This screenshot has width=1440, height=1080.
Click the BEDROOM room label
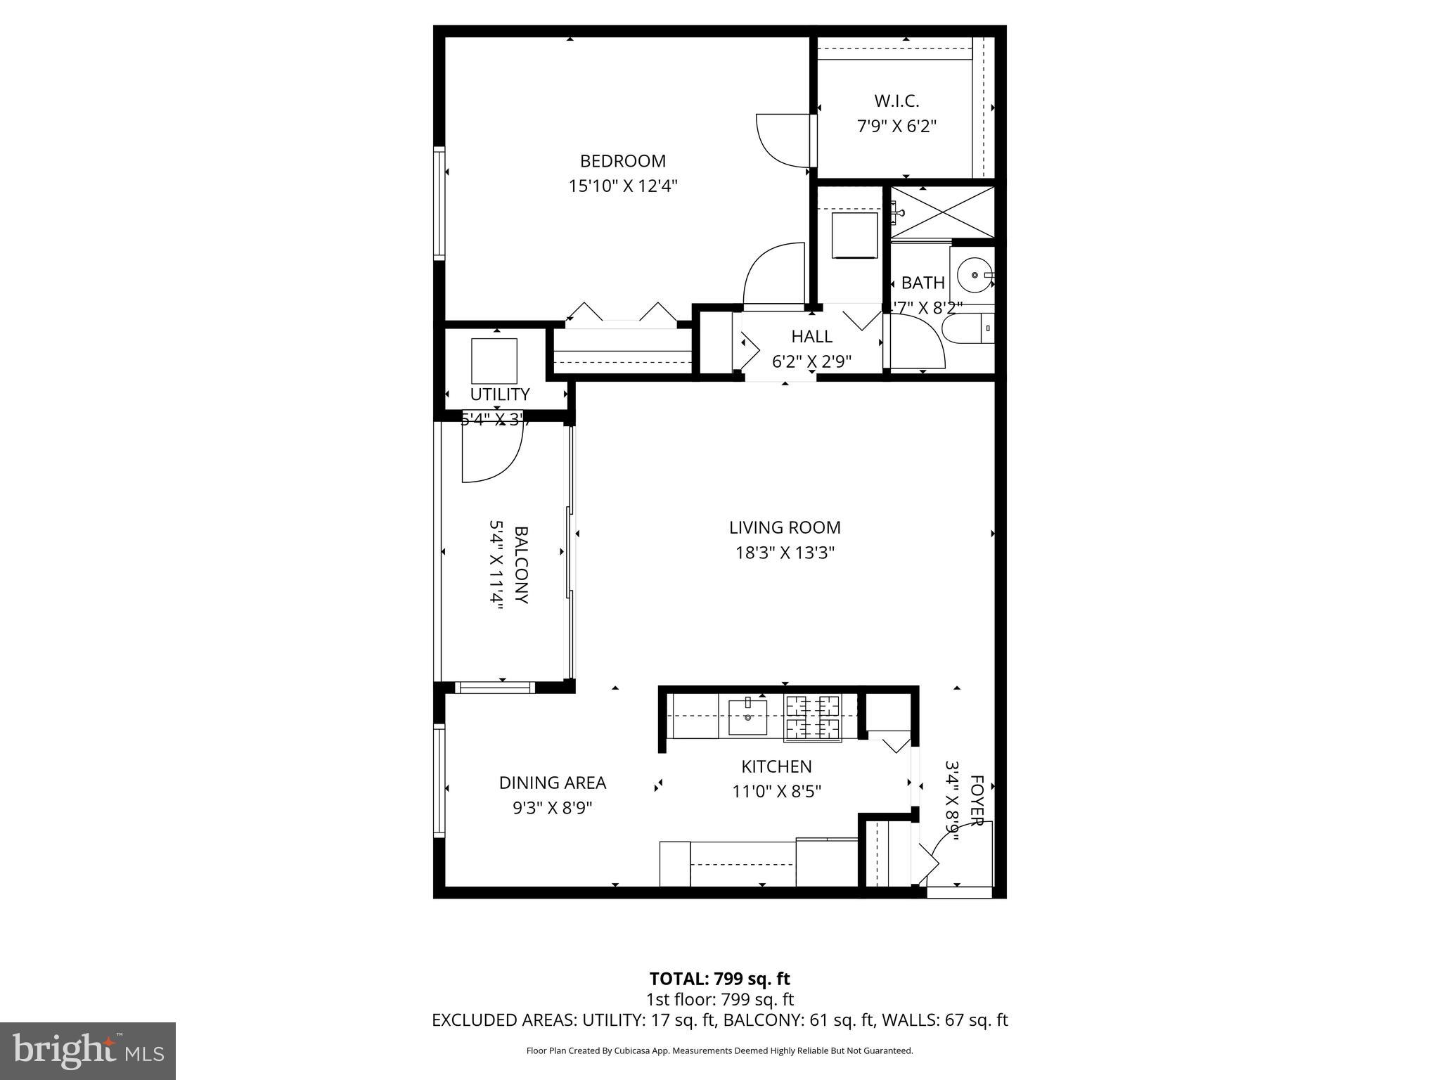pyautogui.click(x=622, y=161)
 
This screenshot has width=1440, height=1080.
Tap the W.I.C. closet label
pyautogui.click(x=896, y=101)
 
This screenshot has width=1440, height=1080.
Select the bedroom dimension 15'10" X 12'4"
pyautogui.click(x=622, y=186)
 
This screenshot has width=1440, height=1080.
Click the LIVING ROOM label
pyautogui.click(x=784, y=527)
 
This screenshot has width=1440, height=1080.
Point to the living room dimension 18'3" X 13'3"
pyautogui.click(x=784, y=553)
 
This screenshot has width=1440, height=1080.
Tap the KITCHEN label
pyautogui.click(x=776, y=766)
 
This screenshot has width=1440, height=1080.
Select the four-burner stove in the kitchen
pyautogui.click(x=813, y=717)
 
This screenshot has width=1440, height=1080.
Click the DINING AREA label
pyautogui.click(x=552, y=783)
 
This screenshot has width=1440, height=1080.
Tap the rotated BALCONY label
pyautogui.click(x=521, y=565)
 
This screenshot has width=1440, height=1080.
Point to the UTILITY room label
pyautogui.click(x=499, y=394)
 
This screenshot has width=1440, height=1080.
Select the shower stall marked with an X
pyautogui.click(x=943, y=212)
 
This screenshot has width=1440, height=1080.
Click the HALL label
pyautogui.click(x=811, y=336)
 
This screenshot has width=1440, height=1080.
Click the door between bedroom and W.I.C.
pyautogui.click(x=784, y=140)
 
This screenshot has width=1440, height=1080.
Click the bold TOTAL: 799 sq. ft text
pyautogui.click(x=719, y=979)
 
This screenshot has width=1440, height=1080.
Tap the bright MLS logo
pyautogui.click(x=88, y=1050)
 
